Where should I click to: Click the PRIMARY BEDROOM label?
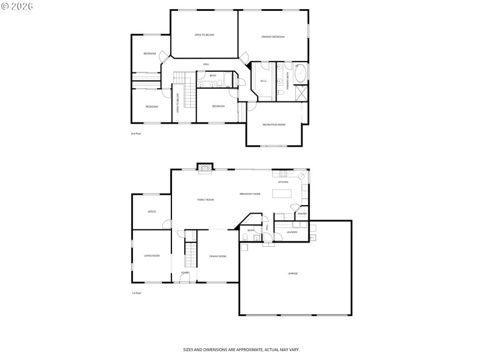(273, 37)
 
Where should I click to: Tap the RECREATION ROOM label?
(273, 124)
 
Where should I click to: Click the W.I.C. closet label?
(264, 81)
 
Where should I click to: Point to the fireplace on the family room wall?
(206, 169)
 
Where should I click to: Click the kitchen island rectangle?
(281, 194)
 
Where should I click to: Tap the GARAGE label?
(292, 273)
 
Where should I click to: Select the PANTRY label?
(302, 214)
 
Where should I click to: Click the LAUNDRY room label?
(292, 232)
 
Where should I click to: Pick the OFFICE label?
(152, 212)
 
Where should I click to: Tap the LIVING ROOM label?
(152, 256)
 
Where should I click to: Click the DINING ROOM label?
(217, 256)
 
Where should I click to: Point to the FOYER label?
(185, 273)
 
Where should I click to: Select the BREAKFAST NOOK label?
(250, 194)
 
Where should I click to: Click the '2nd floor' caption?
(136, 133)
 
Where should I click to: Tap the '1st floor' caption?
(136, 293)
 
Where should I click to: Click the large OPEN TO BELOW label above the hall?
(204, 35)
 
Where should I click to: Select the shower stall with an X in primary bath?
(302, 94)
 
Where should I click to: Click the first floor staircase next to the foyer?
(191, 253)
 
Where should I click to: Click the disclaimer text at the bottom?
(241, 349)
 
